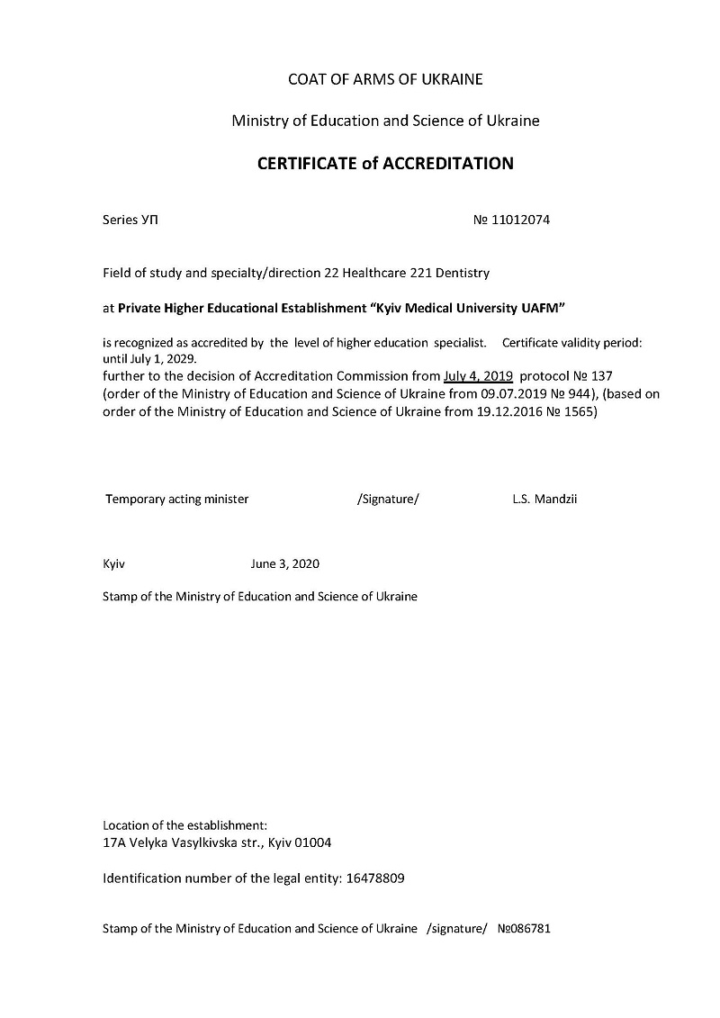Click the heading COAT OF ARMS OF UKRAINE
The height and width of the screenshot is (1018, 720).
point(385,79)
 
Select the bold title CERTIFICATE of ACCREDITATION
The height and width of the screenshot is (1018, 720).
point(385,164)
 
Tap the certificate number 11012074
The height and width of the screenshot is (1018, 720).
point(520,220)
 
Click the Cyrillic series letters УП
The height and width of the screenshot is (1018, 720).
point(150,220)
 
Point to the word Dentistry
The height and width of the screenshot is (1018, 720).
point(463,271)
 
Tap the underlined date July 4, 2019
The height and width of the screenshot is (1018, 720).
point(478,375)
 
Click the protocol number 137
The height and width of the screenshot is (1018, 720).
point(602,375)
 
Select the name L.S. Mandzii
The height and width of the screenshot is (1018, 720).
point(544,499)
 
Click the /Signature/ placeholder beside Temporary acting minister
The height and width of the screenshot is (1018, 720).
point(388,499)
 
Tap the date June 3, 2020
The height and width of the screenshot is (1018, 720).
point(284,564)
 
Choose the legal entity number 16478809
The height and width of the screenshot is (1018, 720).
point(375,878)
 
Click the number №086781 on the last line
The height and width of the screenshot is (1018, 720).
point(524,928)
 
